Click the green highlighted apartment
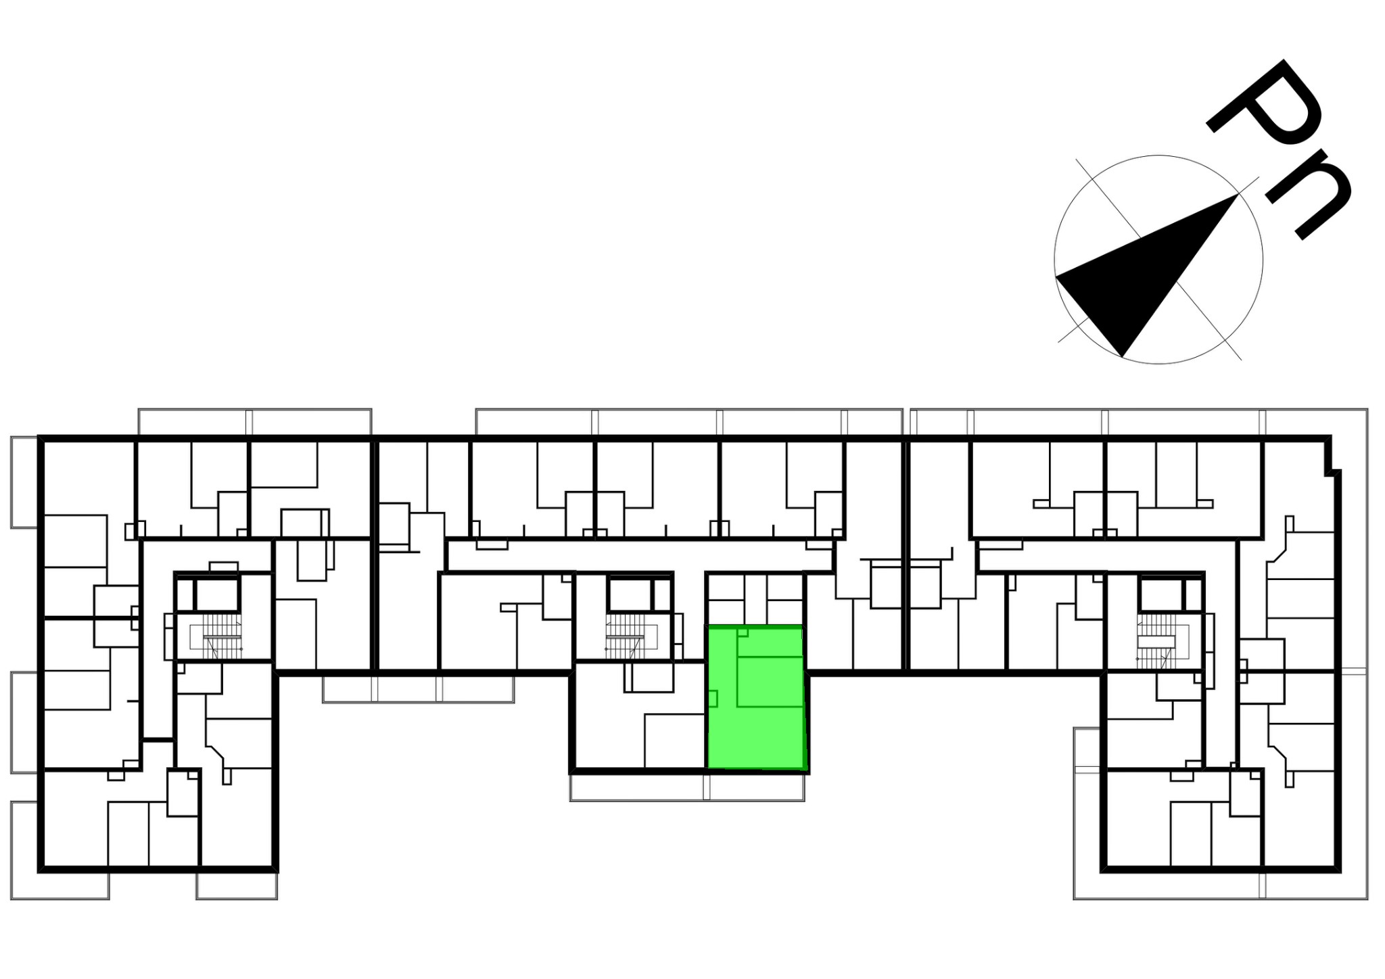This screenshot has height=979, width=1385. click(757, 698)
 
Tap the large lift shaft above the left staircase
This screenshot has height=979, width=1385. click(217, 595)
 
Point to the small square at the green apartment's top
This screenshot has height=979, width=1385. click(743, 633)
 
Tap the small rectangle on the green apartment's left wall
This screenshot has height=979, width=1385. click(712, 699)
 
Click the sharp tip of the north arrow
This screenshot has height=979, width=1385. click(1238, 193)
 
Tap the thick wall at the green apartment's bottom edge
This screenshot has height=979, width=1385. click(757, 770)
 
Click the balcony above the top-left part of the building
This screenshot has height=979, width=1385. click(255, 421)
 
